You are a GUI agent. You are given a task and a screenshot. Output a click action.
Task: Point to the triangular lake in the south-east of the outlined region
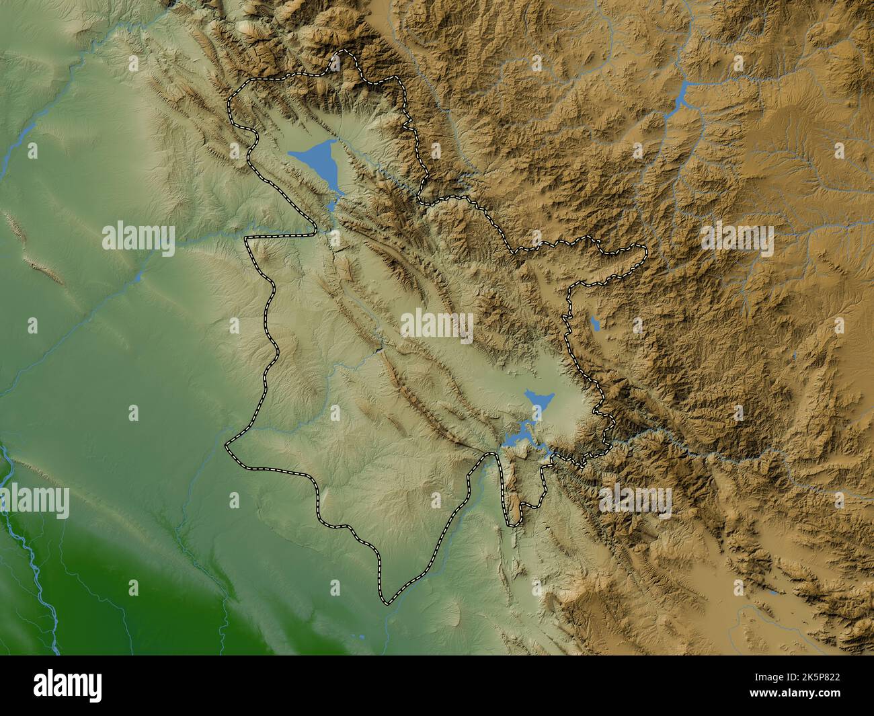[x=538, y=401]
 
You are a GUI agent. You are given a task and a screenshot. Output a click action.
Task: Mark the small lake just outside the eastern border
[x=594, y=324]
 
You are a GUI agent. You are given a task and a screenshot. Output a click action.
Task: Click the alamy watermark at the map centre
[x=437, y=327]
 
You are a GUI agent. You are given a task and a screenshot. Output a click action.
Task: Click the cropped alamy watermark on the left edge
[x=34, y=501]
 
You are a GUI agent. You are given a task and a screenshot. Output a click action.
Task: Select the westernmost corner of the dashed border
[x=226, y=444]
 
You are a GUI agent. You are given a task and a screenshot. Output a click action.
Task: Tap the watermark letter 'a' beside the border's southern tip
[x=335, y=588]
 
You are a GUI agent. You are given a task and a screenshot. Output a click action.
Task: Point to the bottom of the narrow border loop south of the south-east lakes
[x=514, y=523]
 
